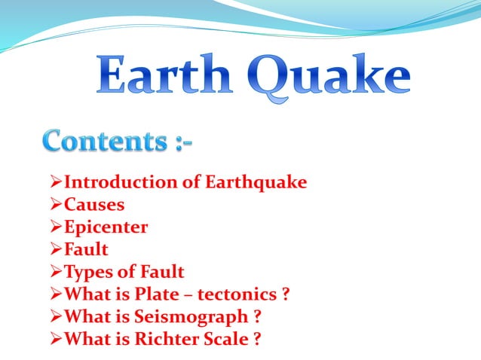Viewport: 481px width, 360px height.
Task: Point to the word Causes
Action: pos(94,204)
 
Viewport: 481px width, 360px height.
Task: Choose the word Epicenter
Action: pos(106,227)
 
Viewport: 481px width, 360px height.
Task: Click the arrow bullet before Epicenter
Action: pos(54,227)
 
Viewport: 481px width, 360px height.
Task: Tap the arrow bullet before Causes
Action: pos(54,204)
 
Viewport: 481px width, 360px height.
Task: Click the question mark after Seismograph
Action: pos(258,316)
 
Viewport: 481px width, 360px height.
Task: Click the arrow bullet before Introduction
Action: pos(54,182)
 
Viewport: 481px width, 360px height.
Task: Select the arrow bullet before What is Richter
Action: pos(54,339)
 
